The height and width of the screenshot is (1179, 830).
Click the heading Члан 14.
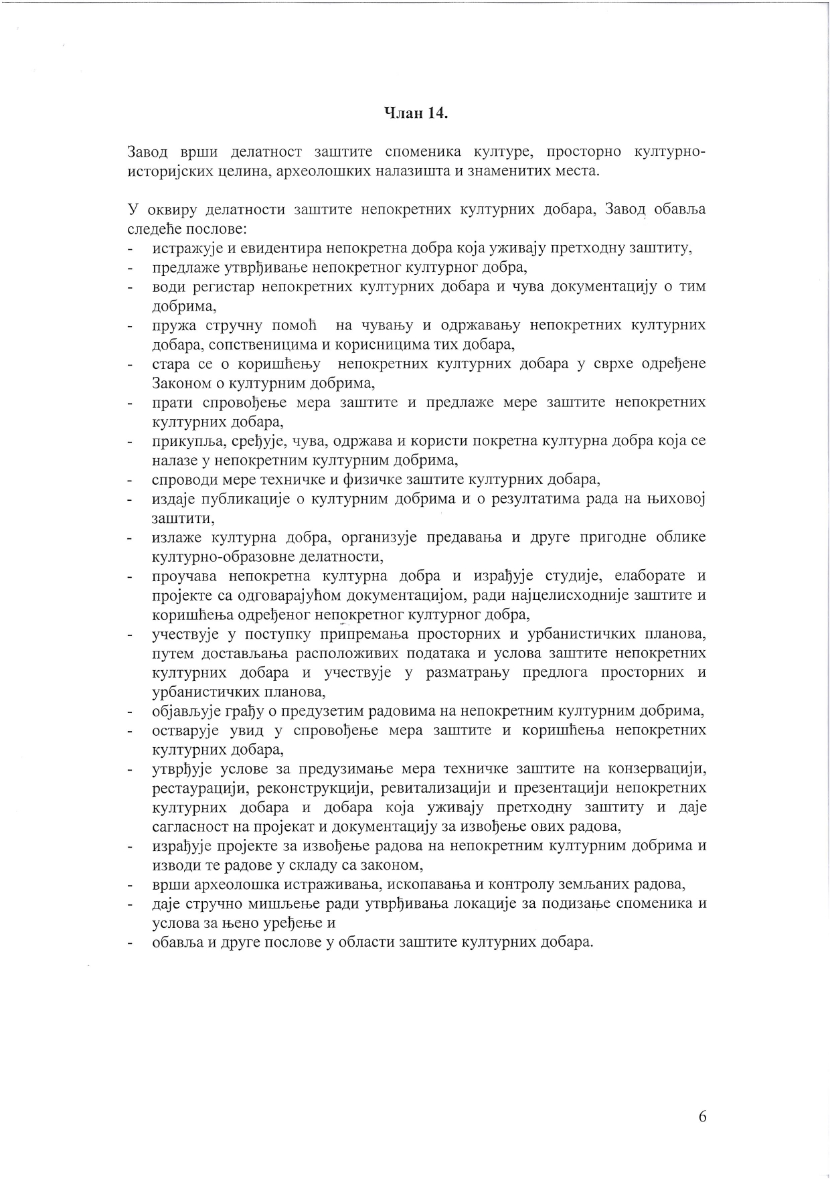tap(416, 113)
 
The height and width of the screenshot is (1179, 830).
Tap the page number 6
tap(702, 1116)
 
